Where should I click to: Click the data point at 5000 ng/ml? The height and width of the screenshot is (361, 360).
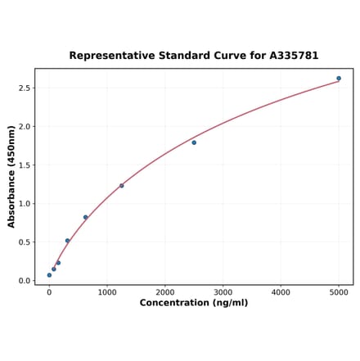[x=339, y=79]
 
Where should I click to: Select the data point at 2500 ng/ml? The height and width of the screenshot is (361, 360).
[x=194, y=142]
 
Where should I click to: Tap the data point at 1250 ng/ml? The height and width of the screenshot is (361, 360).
[x=122, y=186]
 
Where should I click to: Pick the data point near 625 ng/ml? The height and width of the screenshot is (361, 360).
[x=85, y=218]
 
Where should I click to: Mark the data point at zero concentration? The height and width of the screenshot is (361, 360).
[x=49, y=275]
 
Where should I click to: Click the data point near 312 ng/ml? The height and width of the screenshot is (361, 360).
[x=67, y=241]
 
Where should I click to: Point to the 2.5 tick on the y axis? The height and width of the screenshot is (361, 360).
[x=25, y=88]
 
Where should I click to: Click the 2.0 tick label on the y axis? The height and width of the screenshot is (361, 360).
[x=25, y=127]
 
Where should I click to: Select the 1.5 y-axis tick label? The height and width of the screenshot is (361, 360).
[x=25, y=165]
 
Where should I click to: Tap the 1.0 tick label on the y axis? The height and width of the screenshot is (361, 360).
[x=25, y=204]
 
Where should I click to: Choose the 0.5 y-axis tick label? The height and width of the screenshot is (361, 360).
[x=25, y=242]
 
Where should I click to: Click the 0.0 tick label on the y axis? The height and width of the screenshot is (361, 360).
[x=25, y=281]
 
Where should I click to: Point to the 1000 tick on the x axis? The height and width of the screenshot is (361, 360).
[x=107, y=292]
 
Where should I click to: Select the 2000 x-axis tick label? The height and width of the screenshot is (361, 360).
[x=165, y=292]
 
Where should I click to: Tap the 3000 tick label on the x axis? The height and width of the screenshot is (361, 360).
[x=223, y=292]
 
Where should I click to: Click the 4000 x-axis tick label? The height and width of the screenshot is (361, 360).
[x=281, y=292]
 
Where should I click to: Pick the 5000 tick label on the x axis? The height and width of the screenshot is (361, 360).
[x=339, y=292]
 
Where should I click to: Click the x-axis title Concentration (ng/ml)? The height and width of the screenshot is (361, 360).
[x=194, y=304]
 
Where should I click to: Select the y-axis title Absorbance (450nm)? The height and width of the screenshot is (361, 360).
[x=11, y=176]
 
